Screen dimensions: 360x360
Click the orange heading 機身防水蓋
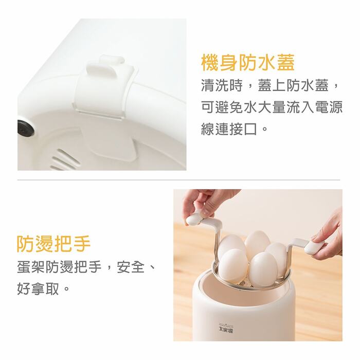point(248,62)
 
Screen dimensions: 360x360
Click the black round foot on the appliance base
point(26,128)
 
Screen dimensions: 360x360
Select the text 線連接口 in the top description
point(229,129)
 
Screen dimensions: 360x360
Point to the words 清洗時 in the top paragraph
point(222,85)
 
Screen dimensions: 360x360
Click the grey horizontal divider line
point(178,180)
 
